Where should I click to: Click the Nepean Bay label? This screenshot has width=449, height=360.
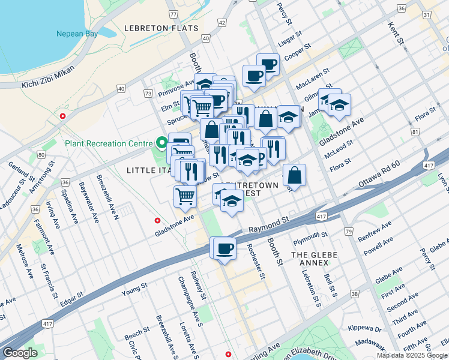pyautogui.click(x=77, y=34)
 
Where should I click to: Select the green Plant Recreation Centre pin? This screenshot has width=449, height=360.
pyautogui.click(x=161, y=143)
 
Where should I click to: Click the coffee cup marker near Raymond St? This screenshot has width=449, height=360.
pyautogui.click(x=225, y=248)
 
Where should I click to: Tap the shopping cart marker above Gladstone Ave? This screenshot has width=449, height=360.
pyautogui.click(x=185, y=196)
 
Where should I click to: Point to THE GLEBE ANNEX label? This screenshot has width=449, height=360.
pyautogui.click(x=315, y=255)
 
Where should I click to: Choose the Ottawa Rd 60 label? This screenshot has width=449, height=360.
pyautogui.click(x=379, y=173)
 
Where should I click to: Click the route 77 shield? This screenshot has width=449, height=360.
pyautogui.click(x=173, y=14)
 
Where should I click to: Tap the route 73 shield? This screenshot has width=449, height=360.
pyautogui.click(x=148, y=94)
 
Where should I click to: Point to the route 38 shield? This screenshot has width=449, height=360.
pyautogui.click(x=355, y=294)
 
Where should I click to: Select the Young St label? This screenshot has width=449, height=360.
pyautogui.click(x=134, y=290)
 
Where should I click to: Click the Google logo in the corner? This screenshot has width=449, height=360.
pyautogui.click(x=20, y=353)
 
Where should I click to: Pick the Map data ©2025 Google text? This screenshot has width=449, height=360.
pyautogui.click(x=412, y=355)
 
